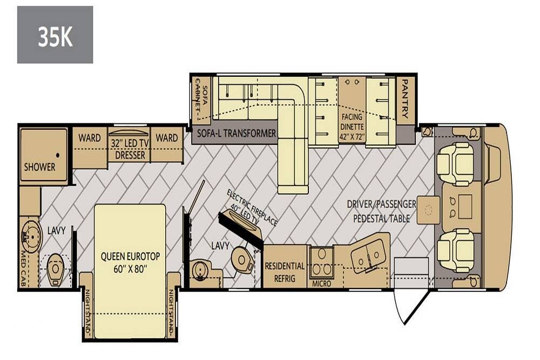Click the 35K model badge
55,35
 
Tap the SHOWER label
39,167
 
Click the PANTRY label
405,99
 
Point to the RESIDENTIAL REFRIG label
285,272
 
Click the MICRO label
321,283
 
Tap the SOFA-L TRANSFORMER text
237,133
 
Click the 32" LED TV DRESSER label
130,149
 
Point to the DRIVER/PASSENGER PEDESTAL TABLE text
382,211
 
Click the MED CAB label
23,269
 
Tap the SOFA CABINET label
201,99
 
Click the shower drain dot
58,155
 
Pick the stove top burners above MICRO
322,262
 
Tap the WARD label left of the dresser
89,138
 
